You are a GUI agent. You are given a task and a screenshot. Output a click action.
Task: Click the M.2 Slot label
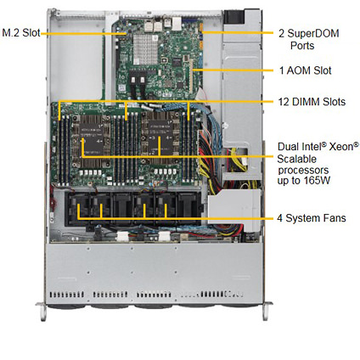21,32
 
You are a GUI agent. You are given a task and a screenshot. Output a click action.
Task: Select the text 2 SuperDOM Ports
309,39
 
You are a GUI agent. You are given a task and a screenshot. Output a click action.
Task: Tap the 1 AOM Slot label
306,70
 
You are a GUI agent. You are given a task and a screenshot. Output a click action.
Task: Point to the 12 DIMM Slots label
312,102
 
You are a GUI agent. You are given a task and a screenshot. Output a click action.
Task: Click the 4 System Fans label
312,218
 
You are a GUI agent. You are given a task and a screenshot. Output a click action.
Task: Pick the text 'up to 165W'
304,181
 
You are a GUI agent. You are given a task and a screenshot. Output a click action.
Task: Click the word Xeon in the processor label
344,146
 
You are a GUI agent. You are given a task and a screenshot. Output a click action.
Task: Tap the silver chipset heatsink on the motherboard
145,49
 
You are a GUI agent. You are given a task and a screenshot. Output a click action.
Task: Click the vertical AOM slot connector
191,76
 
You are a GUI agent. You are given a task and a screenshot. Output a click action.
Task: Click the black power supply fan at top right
233,17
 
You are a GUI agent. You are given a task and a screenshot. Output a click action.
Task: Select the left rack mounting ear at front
42,311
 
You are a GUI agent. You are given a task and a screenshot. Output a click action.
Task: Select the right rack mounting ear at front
266,311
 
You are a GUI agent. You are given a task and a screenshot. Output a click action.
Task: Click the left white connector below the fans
122,237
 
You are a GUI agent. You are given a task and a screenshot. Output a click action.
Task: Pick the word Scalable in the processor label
296,159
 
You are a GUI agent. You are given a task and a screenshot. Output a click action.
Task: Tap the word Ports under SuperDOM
302,46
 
